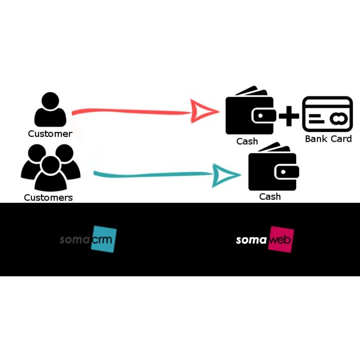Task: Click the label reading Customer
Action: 50,134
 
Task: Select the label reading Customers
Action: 48,198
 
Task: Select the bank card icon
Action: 327,114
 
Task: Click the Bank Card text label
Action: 328,139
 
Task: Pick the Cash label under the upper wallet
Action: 247,141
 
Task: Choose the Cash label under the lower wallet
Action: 270,197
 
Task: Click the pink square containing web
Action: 281,239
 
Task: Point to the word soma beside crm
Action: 74,239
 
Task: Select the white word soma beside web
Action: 251,240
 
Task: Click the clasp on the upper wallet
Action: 263,116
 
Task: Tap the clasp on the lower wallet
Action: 286,172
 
